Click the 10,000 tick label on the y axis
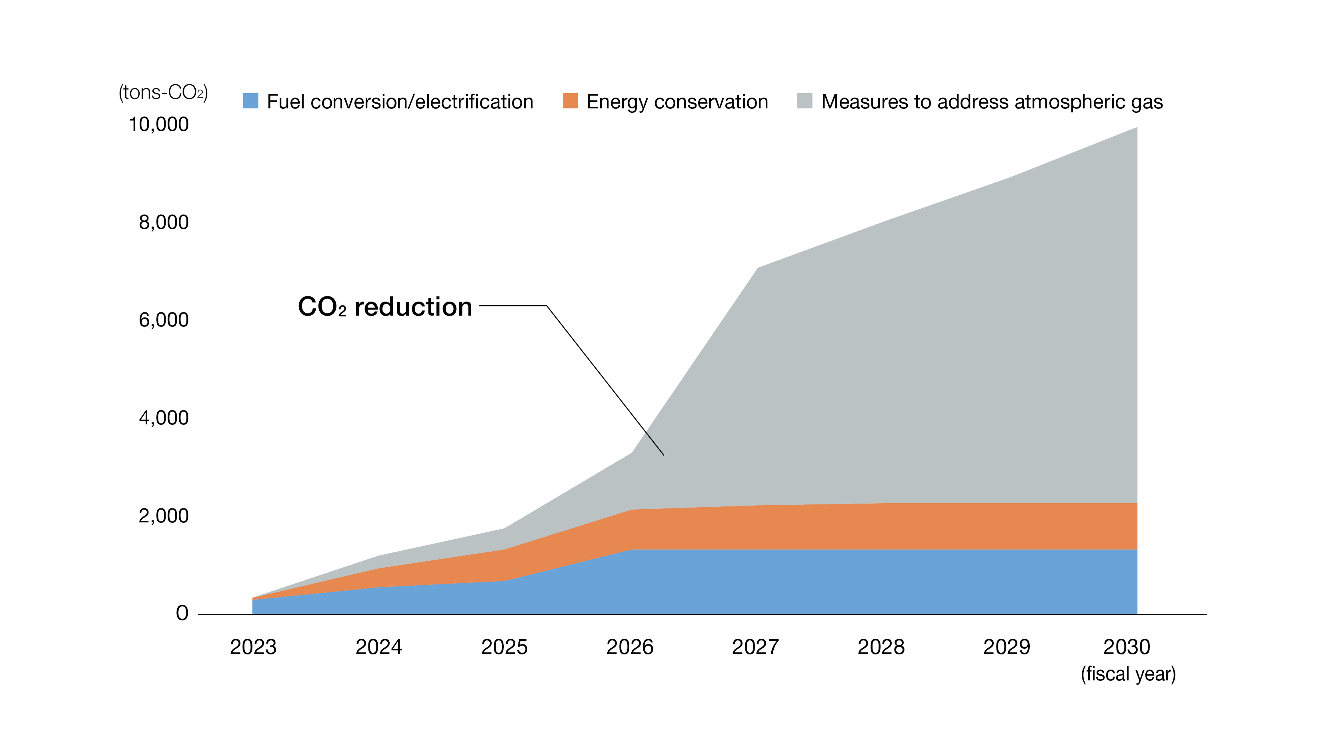(158, 125)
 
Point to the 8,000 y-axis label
(164, 222)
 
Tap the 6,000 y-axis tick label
(164, 320)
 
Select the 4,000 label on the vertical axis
(164, 418)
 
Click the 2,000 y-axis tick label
(164, 516)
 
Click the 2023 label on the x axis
(253, 647)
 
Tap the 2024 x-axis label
(378, 647)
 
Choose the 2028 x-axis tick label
(881, 647)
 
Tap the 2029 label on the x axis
(1007, 647)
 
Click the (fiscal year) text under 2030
(1128, 674)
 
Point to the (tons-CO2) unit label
(164, 92)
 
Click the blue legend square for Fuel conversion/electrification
(251, 101)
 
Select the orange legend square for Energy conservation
(570, 101)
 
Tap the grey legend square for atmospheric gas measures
(805, 101)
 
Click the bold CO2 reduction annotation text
(385, 306)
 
